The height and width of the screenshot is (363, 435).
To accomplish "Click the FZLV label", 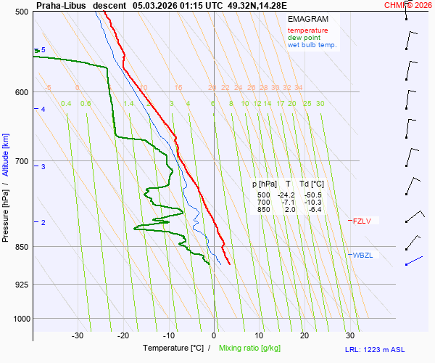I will pos(362,221).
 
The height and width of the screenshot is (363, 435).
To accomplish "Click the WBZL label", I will pos(363,255).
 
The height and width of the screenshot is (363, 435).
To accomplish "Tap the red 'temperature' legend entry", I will pos(307,30).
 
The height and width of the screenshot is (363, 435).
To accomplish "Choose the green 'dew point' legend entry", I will pos(305,38).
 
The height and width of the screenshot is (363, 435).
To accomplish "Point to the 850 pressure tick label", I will pos(21,247).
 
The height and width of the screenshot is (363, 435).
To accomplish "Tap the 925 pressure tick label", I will pos(21,285).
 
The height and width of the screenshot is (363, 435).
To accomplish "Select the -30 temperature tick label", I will pos(78,335).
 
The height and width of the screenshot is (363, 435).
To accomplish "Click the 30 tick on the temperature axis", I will pos(350,335).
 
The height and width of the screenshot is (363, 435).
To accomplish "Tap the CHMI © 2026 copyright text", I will pos(408,4).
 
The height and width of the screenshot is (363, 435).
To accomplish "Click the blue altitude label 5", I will pos(43,50).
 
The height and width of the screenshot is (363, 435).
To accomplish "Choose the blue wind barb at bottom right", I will pos(414,260).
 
